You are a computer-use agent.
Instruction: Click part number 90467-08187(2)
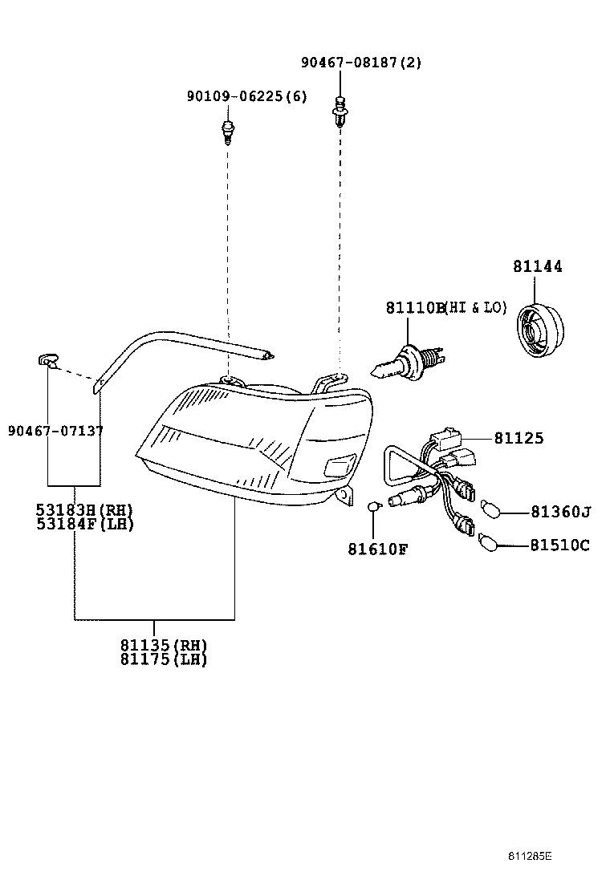361,62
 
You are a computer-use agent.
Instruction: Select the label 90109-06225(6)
247,96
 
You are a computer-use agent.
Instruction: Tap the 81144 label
538,266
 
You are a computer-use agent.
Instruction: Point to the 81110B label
415,308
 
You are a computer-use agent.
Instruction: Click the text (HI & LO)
476,308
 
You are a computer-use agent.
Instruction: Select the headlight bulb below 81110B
408,363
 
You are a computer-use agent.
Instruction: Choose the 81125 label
519,438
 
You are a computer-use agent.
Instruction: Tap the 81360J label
560,512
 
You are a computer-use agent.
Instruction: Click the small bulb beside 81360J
491,509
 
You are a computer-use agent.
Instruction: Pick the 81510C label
560,545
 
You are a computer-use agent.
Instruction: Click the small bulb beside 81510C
489,542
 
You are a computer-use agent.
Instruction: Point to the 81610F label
378,549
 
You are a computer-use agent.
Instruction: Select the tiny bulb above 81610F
374,505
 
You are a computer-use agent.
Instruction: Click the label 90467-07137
55,432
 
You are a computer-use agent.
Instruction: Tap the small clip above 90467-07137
48,361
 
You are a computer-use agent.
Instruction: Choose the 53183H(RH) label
85,509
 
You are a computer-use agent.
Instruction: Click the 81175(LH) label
164,659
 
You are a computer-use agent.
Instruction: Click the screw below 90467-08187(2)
340,111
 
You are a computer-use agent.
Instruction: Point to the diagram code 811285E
530,856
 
